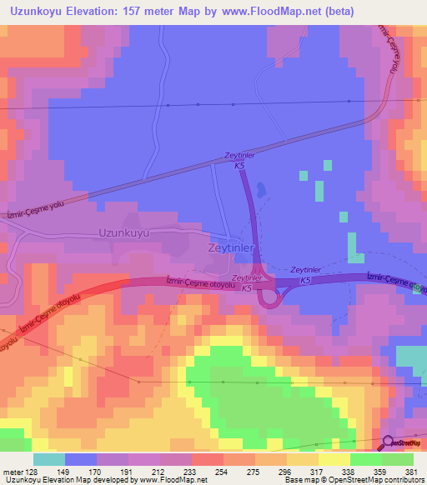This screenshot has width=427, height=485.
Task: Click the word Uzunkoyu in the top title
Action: pos(38,12)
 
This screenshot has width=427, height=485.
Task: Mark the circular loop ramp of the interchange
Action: pos(269,296)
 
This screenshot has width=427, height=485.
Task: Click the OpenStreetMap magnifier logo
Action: pos(389,444)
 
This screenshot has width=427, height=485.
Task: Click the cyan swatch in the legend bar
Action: pos(49,459)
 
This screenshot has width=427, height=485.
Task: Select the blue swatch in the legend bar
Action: pos(81,459)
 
